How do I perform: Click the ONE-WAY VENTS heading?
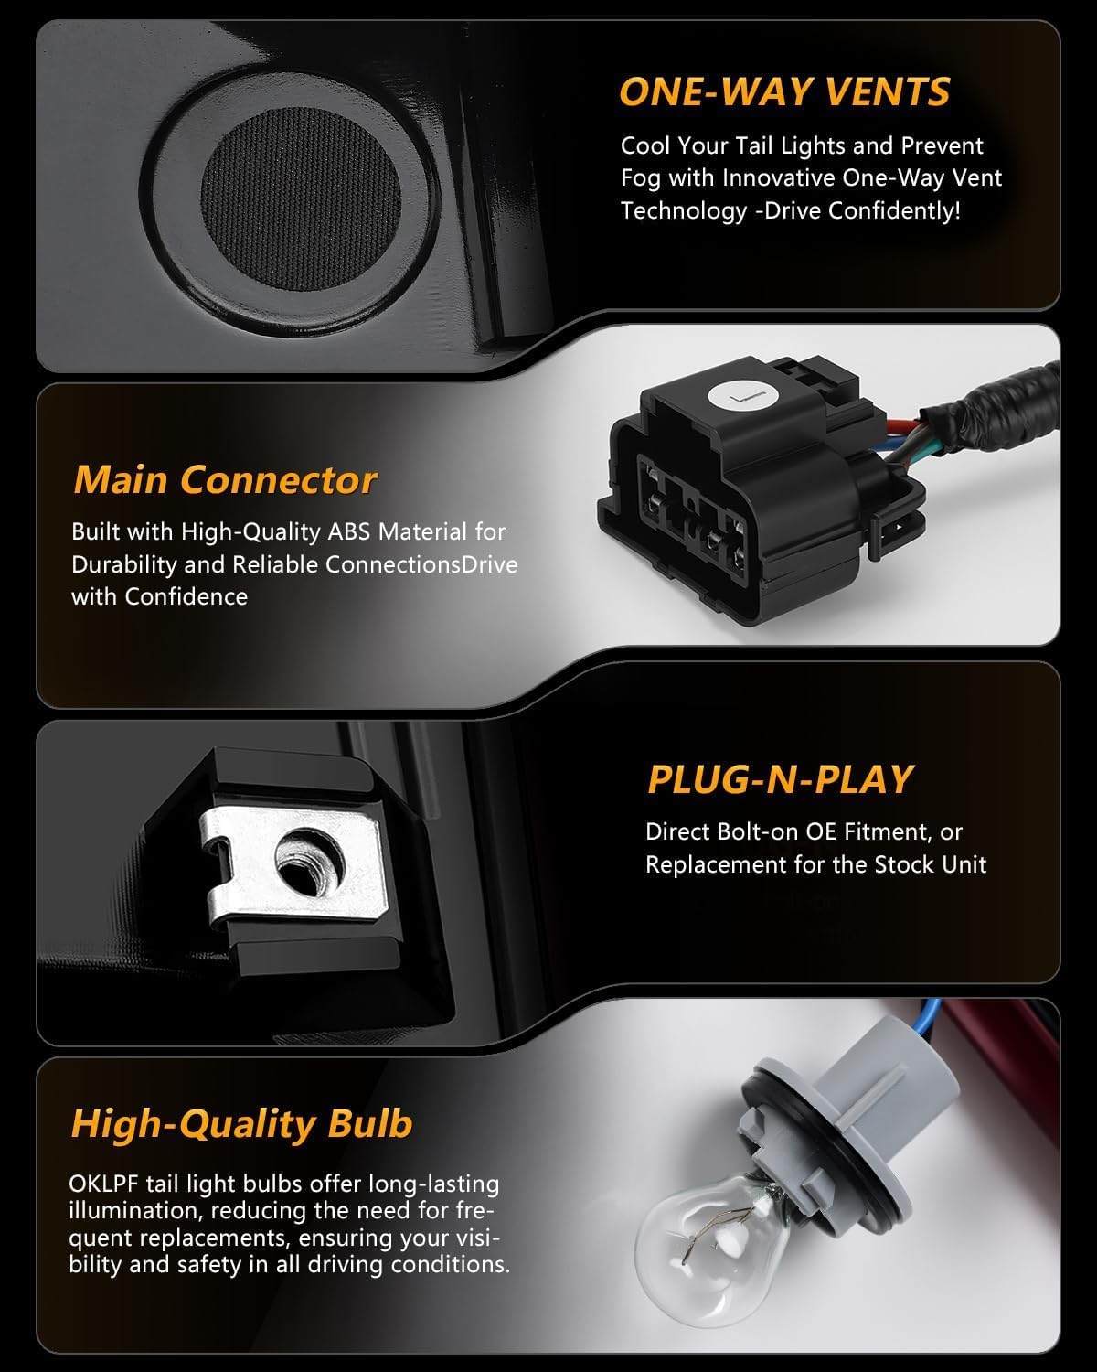point(784,91)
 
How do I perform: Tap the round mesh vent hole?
point(301,198)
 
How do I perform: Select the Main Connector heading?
point(225,479)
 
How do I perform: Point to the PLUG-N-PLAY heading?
point(780,779)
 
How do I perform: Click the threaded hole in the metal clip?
point(310,863)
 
